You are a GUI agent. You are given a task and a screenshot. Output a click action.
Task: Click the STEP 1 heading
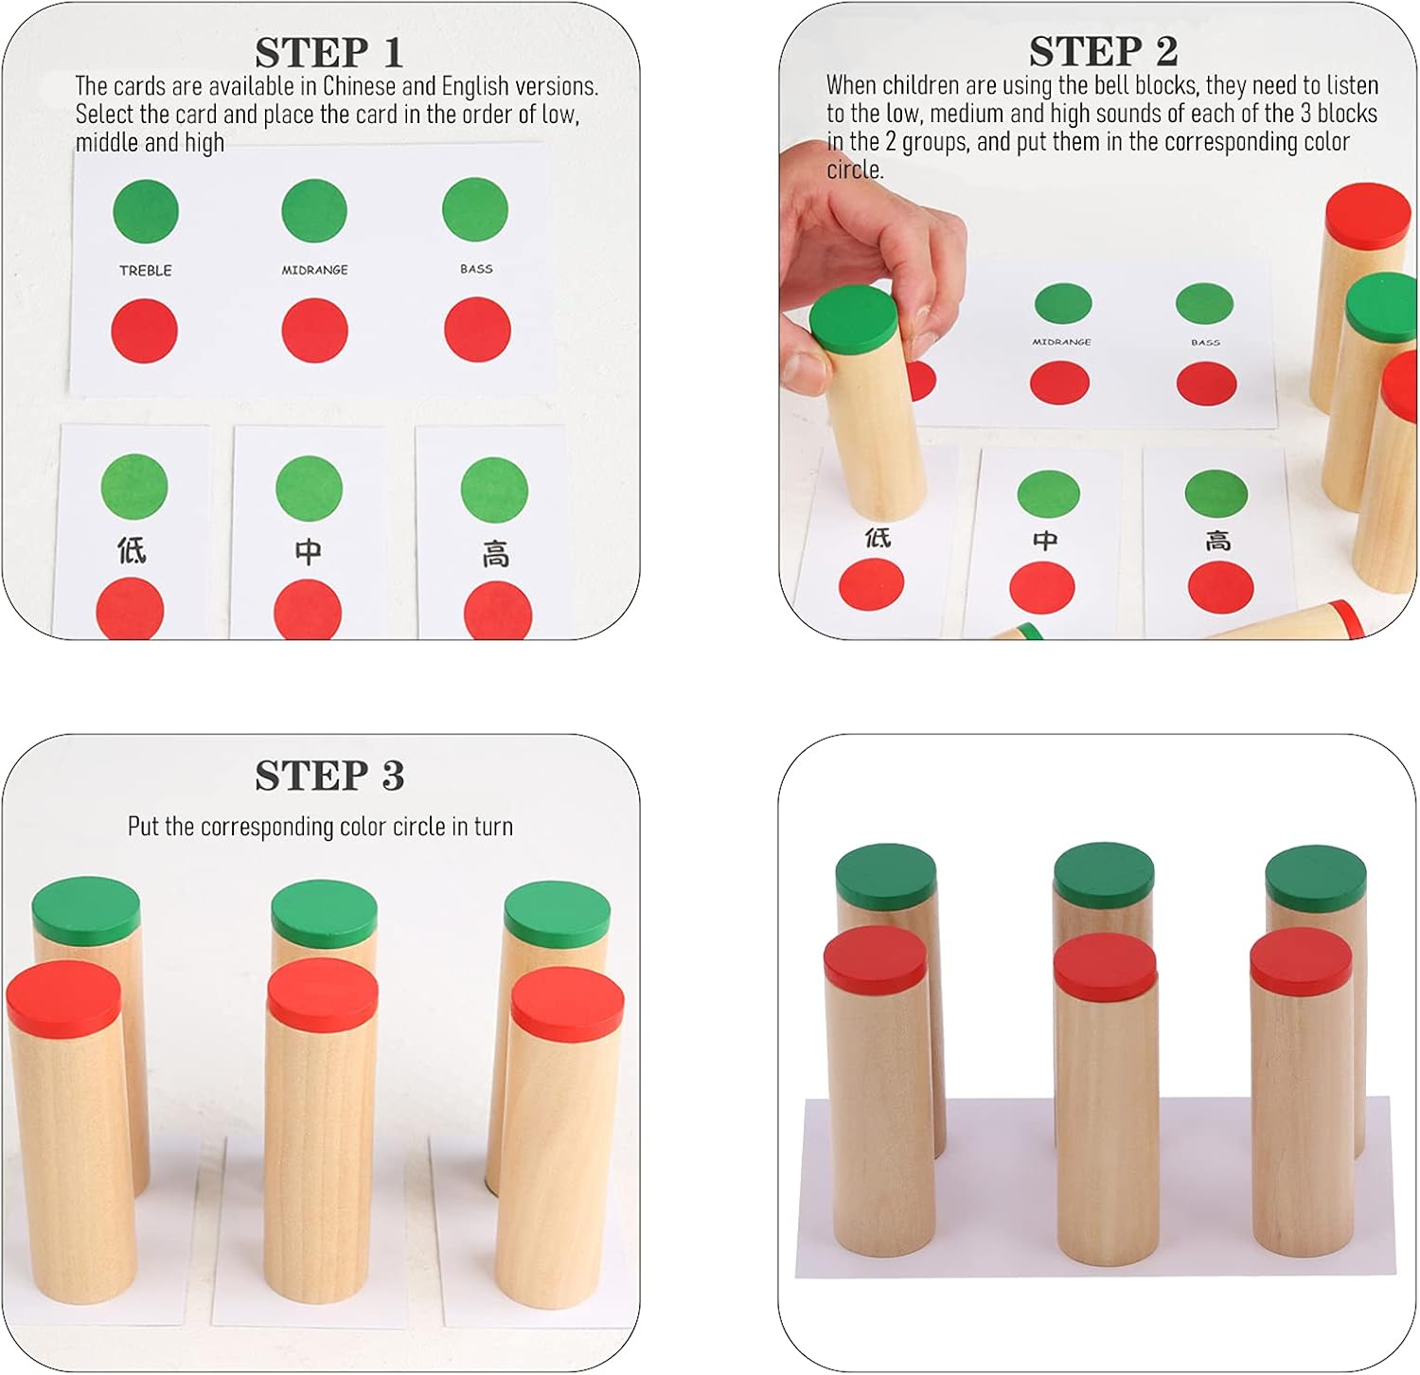click(x=329, y=52)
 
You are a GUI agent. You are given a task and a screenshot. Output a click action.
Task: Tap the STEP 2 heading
click(x=1104, y=51)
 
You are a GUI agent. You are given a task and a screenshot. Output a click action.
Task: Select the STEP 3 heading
click(x=329, y=776)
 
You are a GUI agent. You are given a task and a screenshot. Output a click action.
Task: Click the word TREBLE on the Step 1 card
click(x=146, y=270)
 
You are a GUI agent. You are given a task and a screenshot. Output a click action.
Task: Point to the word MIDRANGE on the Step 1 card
click(x=314, y=270)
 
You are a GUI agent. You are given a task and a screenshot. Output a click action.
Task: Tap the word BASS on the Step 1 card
click(x=476, y=269)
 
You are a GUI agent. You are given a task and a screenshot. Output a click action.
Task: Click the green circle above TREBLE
click(x=146, y=210)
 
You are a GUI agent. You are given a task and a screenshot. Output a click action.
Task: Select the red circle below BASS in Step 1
click(x=477, y=330)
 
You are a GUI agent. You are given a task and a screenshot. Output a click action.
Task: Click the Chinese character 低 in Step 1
click(x=132, y=549)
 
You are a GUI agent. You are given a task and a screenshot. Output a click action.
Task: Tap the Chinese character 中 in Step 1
click(x=308, y=551)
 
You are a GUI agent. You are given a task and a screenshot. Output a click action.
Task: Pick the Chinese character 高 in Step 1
click(x=495, y=554)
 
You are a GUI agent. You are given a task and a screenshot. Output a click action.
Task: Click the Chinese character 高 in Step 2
click(x=1218, y=541)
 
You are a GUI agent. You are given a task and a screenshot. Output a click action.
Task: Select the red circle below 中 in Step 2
click(x=1042, y=587)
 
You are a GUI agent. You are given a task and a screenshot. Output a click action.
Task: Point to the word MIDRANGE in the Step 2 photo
click(x=1061, y=342)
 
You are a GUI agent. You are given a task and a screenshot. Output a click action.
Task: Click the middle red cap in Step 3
click(x=323, y=994)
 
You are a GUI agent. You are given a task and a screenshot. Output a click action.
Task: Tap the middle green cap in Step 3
click(x=324, y=914)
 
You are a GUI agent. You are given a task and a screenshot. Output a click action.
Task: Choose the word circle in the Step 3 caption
click(x=419, y=827)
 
